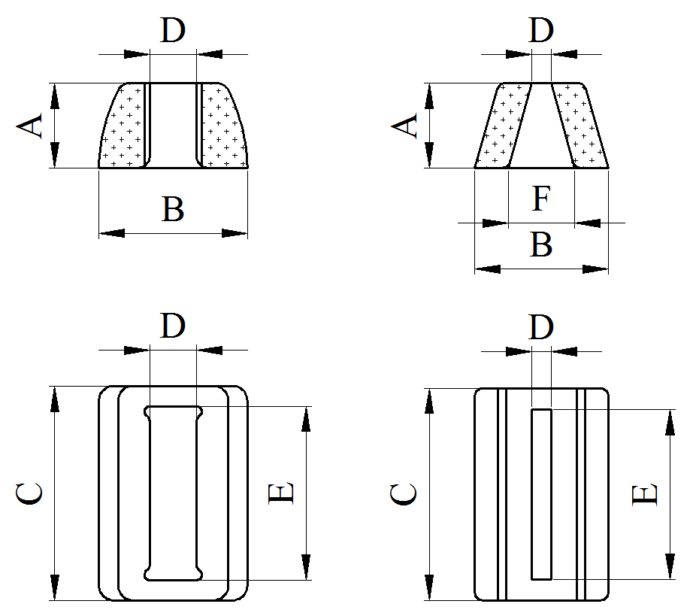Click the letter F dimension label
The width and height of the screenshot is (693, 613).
coord(541,200)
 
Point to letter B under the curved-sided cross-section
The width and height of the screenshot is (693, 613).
coord(173,210)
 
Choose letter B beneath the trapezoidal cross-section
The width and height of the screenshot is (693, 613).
coord(541,245)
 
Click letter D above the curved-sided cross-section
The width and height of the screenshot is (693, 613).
coord(173,31)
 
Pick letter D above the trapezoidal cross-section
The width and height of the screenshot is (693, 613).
coord(541,31)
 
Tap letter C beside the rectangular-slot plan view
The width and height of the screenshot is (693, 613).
coord(404,494)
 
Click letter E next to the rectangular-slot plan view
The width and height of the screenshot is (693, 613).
coord(645,494)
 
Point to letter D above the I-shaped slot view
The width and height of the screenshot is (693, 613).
coord(173,326)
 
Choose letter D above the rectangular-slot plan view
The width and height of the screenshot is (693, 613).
coord(541,326)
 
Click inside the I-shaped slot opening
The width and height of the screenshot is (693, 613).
coord(173,493)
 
